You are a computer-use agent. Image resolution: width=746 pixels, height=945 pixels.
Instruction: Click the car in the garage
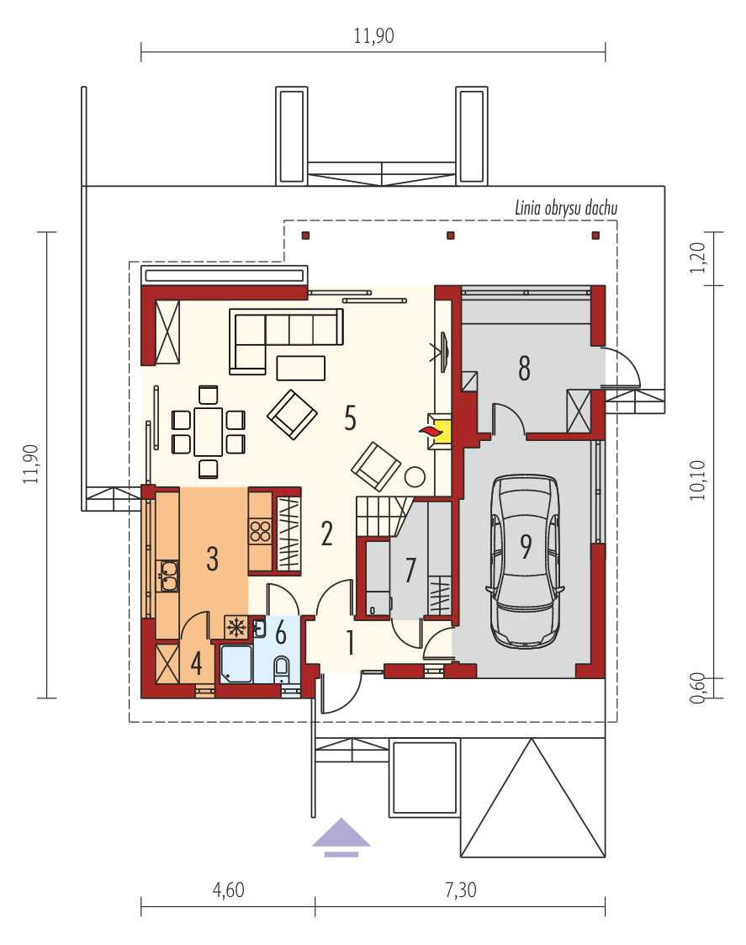526,561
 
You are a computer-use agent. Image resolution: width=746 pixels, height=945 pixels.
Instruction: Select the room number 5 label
350,417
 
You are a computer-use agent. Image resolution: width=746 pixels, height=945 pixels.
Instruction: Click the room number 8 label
524,369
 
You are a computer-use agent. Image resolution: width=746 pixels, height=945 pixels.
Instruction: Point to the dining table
208,432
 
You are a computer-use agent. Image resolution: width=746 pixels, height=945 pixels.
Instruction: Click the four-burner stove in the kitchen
261,532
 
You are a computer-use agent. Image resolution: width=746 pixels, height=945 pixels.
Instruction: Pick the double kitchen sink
167,576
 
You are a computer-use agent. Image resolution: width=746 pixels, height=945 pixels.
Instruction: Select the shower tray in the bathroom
235,664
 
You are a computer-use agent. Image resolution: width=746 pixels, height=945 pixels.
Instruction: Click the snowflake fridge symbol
236,628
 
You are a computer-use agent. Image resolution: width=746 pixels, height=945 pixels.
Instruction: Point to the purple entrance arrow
341,836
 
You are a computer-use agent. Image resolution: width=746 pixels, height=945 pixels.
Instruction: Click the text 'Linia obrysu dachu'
566,209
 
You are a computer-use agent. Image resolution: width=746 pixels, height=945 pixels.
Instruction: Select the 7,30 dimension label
460,889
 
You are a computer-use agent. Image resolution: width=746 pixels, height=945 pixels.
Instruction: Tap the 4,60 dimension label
229,889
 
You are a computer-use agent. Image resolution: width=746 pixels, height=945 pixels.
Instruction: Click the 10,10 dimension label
697,480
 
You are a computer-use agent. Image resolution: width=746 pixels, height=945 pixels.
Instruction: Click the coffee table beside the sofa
301,368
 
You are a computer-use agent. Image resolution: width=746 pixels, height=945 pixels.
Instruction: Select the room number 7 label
410,571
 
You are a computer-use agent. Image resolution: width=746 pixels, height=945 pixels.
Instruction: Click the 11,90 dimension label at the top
373,36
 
